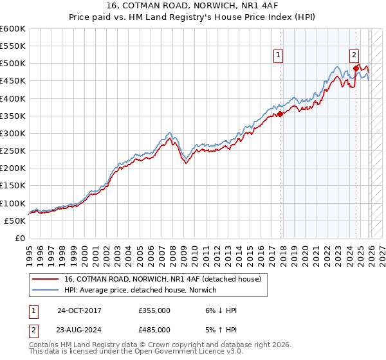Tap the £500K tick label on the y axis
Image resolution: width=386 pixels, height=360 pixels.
(x=13, y=64)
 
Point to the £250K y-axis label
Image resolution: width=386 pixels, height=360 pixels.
(x=13, y=150)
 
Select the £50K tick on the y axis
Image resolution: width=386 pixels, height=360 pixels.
(x=15, y=221)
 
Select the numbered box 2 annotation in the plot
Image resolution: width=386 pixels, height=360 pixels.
(x=354, y=56)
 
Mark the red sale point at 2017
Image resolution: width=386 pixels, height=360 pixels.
(x=280, y=114)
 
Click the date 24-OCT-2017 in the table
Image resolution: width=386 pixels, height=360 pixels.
(x=78, y=310)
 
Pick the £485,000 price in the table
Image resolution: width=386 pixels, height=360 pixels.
(x=154, y=328)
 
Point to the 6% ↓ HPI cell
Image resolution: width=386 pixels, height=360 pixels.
(x=219, y=310)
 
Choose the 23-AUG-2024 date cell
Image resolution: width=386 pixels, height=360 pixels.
(x=78, y=328)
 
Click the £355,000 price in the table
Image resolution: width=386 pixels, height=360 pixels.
(x=154, y=310)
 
